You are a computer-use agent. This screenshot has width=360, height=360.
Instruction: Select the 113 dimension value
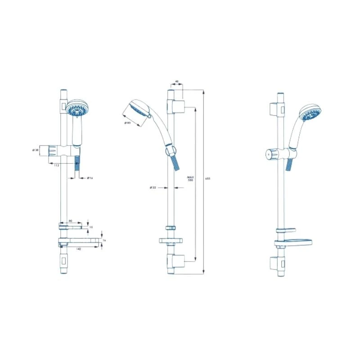coord(57,166)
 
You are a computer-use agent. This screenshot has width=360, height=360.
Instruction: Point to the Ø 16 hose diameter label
coord(90,178)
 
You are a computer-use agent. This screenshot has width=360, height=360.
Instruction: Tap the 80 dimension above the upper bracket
coord(70,220)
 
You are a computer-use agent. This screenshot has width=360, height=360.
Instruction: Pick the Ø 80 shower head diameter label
coord(128,122)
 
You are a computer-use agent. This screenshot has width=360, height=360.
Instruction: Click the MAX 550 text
coord(190,179)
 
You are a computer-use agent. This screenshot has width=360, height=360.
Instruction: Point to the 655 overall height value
coord(208,179)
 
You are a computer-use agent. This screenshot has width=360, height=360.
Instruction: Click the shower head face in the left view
coord(75,109)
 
